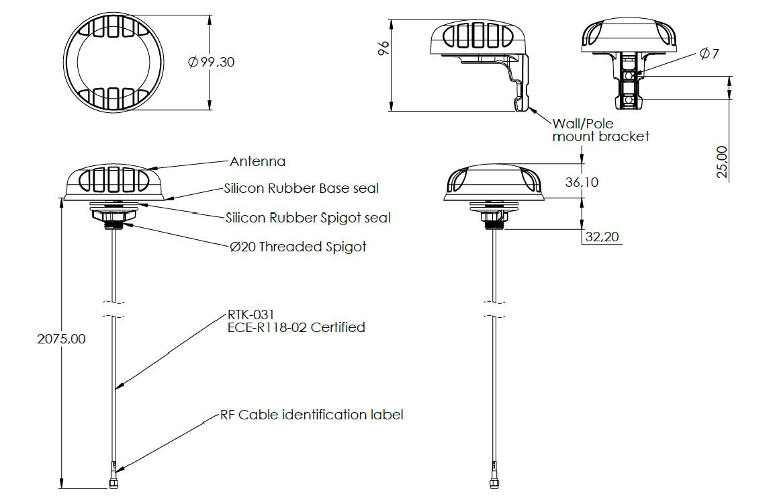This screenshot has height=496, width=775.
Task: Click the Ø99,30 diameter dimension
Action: (x=212, y=62)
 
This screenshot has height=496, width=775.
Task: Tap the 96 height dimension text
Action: (x=383, y=48)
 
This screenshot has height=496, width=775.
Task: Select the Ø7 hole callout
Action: (x=709, y=53)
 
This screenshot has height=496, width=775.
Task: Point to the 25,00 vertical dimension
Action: (x=722, y=162)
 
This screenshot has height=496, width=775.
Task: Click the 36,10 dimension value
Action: (x=582, y=182)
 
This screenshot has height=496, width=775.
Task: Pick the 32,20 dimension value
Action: (x=602, y=237)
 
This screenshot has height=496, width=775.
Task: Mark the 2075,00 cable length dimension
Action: (x=61, y=339)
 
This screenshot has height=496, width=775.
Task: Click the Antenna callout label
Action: (x=257, y=161)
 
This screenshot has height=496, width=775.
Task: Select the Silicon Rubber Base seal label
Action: (x=302, y=188)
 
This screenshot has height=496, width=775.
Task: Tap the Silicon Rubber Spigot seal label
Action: (x=308, y=218)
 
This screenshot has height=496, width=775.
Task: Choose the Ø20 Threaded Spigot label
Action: (x=298, y=247)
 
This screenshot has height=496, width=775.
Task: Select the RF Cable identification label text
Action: (x=312, y=414)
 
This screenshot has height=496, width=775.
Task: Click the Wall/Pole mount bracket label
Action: (x=600, y=130)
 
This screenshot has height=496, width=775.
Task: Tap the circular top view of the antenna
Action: (x=113, y=62)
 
